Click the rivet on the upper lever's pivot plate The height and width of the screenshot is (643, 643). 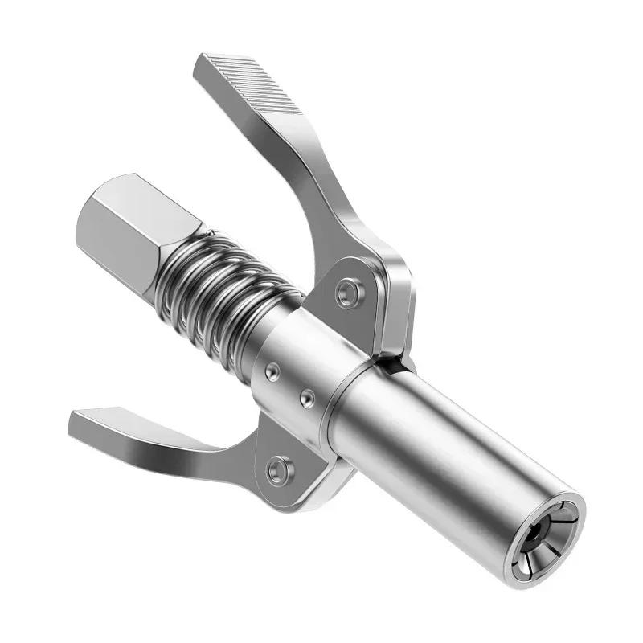pos(347,291)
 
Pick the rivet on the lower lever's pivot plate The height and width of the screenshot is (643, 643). pos(279,467)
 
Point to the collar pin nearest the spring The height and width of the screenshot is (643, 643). pos(272,371)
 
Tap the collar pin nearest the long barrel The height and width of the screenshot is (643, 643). pos(306,396)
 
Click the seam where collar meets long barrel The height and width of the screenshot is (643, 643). pos(338,402)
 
